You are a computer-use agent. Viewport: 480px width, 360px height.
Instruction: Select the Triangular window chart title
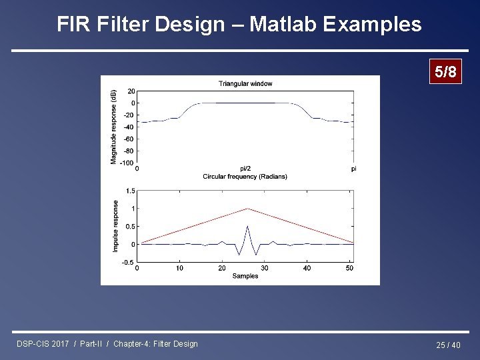(x=245, y=83)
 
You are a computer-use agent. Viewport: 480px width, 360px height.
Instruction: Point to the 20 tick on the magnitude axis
(x=131, y=91)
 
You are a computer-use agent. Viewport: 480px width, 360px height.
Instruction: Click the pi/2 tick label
(x=245, y=169)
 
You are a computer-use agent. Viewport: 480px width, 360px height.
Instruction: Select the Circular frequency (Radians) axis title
(x=245, y=177)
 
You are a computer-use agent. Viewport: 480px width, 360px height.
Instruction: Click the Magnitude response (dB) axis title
(x=114, y=126)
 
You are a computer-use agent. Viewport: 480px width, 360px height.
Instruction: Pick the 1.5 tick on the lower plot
(x=131, y=191)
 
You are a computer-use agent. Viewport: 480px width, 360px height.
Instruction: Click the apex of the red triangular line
(x=247, y=209)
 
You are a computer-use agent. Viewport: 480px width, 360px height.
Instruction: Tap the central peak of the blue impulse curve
(x=247, y=227)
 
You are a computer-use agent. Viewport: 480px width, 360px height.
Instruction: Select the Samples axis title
(x=245, y=276)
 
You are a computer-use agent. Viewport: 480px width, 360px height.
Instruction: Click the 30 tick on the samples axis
(x=265, y=268)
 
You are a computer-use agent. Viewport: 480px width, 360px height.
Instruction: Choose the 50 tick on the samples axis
(x=349, y=268)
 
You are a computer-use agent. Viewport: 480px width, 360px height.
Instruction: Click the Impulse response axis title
(x=115, y=226)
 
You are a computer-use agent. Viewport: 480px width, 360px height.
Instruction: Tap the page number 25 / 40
(x=448, y=345)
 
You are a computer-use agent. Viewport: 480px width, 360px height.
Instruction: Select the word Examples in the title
(x=372, y=25)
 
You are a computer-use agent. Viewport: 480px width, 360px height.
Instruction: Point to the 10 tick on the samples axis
(x=180, y=268)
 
